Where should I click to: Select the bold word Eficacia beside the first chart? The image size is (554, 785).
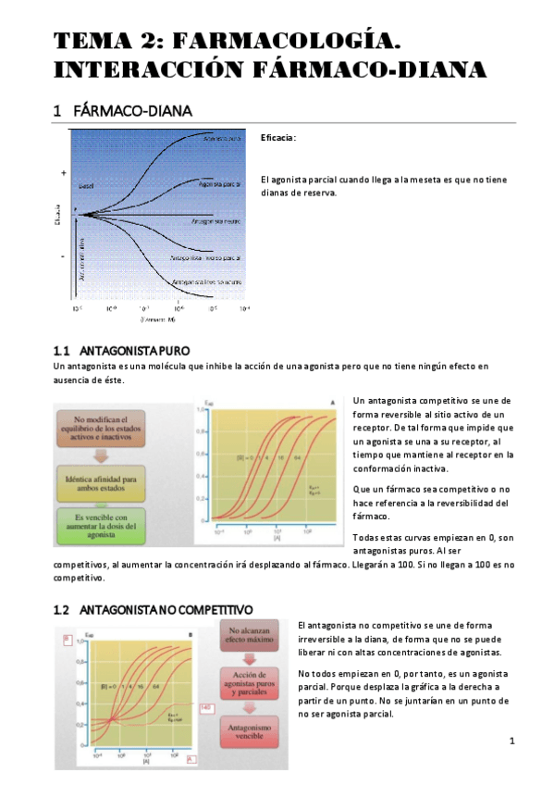tap(277, 137)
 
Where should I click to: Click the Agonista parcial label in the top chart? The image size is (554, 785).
tap(218, 183)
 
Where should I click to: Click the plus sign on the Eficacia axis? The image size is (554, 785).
tap(64, 173)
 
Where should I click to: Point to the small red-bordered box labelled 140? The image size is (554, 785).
tap(206, 707)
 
